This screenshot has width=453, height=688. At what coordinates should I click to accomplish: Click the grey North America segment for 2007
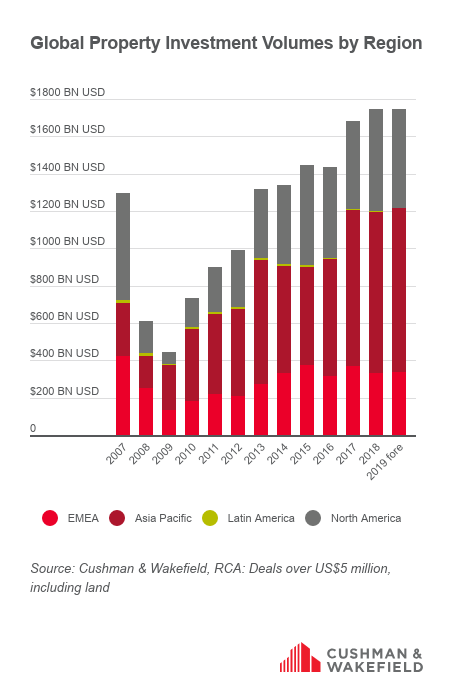point(123,247)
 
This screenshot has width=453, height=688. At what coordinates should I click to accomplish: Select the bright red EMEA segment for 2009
point(169,423)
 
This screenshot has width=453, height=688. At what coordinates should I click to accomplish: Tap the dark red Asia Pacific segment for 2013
point(261,322)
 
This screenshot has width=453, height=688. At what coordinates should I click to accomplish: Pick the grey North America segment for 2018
point(376,160)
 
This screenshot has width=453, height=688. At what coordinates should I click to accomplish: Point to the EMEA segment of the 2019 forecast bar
point(399,404)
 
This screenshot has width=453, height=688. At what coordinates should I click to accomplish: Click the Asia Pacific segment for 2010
point(192,365)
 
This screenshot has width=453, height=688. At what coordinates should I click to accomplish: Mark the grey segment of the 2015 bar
point(307,215)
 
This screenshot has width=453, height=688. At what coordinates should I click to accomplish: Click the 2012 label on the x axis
point(231,454)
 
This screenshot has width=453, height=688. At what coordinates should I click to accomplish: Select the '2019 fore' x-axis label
point(385,462)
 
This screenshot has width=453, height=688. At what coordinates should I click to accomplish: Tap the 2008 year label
point(140,454)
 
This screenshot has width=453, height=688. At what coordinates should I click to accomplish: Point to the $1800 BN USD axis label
point(68,92)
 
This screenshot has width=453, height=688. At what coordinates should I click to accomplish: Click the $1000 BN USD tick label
point(68,241)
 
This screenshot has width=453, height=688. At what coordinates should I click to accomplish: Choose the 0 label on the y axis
point(33,428)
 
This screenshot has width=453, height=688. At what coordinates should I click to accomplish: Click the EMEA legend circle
point(50,518)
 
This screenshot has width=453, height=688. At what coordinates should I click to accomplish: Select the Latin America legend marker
point(210,518)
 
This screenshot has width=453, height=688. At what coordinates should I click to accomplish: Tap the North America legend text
point(366,518)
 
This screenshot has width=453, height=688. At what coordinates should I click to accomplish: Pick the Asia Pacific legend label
point(163,518)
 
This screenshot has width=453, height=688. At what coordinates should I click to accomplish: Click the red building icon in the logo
point(300,657)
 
